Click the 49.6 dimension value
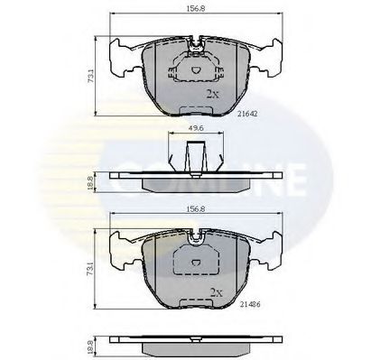tap(194, 129)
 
